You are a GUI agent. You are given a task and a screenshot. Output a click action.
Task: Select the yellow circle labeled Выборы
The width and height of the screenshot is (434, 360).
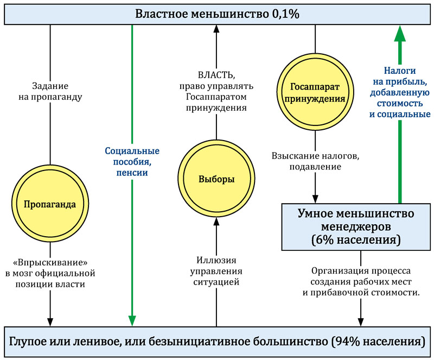pos(216,180)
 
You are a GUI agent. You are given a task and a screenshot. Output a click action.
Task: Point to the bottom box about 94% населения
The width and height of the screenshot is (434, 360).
pos(217,342)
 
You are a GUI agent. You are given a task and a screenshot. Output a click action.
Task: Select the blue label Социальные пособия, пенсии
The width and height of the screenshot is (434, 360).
pos(131,161)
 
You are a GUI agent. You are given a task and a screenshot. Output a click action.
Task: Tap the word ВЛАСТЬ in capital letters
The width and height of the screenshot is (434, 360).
pos(216,75)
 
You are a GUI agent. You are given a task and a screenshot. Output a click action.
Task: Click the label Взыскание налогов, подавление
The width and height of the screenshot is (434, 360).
pos(315,161)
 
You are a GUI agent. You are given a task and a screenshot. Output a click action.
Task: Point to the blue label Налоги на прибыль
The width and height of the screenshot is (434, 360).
pos(400,92)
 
